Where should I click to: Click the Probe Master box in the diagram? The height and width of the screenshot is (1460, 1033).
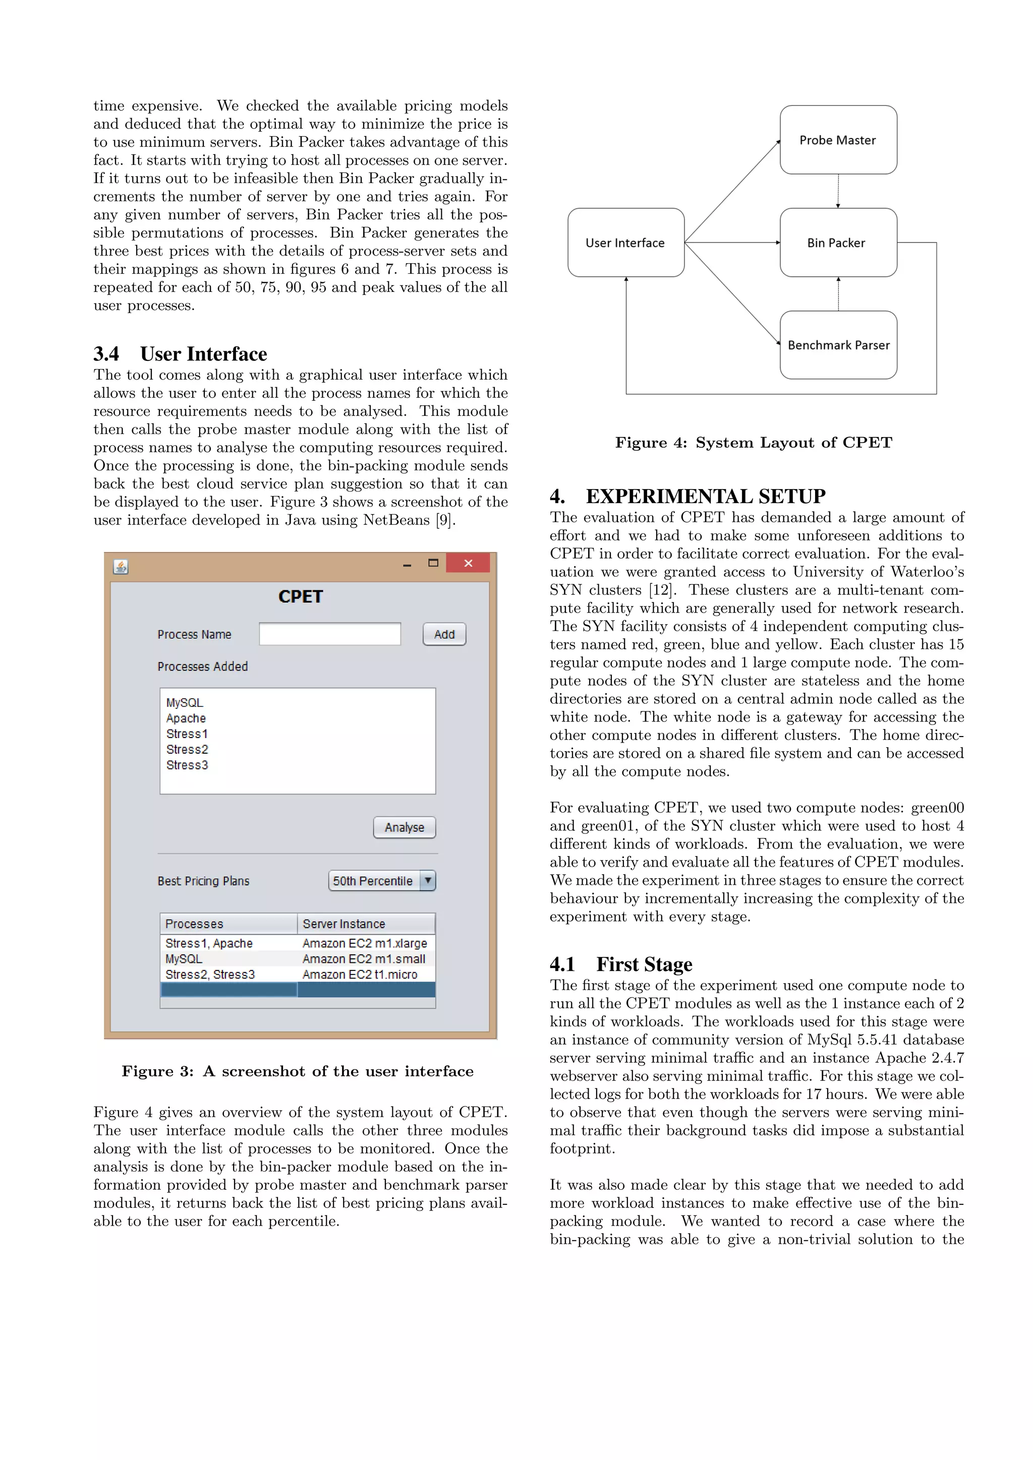(x=838, y=140)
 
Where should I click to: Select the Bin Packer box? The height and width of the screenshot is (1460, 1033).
(x=838, y=242)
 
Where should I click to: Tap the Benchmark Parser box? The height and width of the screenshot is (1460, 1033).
(x=838, y=345)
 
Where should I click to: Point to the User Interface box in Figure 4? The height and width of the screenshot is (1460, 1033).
(x=625, y=242)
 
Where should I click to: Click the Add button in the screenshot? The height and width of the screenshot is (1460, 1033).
(x=444, y=634)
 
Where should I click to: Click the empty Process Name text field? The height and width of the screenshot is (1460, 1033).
(x=329, y=634)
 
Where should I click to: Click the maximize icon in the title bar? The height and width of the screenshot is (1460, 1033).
(x=433, y=563)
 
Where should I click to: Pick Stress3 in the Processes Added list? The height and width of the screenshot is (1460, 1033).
(x=187, y=765)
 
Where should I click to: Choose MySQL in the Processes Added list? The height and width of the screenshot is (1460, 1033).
(x=185, y=703)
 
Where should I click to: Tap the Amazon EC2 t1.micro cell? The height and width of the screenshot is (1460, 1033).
(x=360, y=974)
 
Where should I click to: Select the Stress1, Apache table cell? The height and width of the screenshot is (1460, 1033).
(x=209, y=943)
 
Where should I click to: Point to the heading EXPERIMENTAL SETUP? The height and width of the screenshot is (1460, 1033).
(x=705, y=496)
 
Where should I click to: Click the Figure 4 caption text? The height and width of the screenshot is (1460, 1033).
(x=753, y=443)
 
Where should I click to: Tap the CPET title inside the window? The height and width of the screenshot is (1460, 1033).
(x=300, y=596)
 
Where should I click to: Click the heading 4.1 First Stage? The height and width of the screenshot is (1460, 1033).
(x=621, y=964)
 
